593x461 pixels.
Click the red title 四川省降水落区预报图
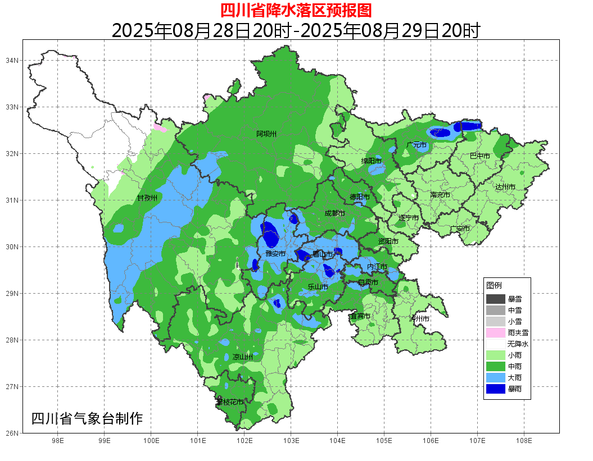tap(296, 10)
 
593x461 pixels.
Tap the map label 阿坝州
tap(266, 134)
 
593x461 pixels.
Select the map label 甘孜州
tap(147, 198)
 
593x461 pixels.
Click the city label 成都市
tap(335, 213)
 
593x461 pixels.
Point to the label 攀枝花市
tap(230, 402)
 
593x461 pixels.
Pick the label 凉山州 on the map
tap(243, 357)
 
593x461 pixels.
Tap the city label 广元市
tap(417, 145)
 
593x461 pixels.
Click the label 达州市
tap(505, 187)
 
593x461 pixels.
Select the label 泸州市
tap(419, 318)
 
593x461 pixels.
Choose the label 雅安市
tap(275, 254)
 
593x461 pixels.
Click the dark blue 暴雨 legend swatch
tap(496, 388)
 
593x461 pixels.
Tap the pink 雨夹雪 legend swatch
tap(496, 332)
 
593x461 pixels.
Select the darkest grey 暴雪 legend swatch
tap(496, 299)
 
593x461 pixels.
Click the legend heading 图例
tap(494, 285)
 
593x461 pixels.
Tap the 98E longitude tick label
tap(57, 441)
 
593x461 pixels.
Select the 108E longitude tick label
tap(524, 441)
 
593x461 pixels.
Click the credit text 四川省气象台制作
tap(87, 418)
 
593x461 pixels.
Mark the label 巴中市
tap(479, 156)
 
